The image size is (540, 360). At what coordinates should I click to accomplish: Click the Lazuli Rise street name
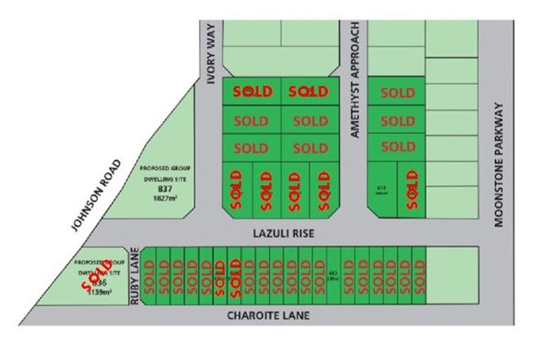[x=280, y=233]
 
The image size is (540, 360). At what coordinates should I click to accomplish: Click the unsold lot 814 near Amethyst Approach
[x=382, y=189]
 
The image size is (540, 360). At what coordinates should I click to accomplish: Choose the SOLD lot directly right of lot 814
[x=412, y=189]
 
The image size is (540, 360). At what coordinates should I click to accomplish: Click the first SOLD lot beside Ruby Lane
[x=150, y=277]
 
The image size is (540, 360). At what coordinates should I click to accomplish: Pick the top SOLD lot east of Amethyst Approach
[x=398, y=93]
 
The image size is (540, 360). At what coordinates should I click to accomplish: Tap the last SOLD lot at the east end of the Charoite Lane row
[x=419, y=277]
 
